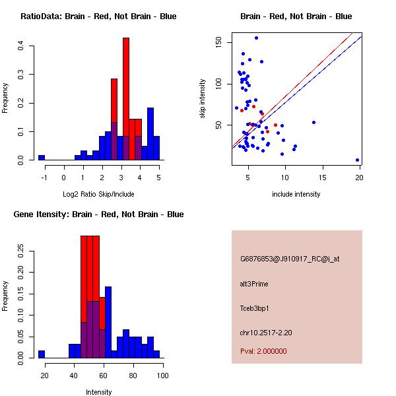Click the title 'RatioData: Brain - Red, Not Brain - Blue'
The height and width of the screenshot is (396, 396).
(x=98, y=16)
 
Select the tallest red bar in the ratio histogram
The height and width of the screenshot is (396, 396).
(x=126, y=99)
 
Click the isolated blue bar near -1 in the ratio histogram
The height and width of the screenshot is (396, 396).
(x=42, y=158)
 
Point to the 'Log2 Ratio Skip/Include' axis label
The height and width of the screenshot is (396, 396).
(x=98, y=194)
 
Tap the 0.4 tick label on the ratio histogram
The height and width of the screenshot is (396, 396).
(x=21, y=46)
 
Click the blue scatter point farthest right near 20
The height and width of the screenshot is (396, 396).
(x=357, y=160)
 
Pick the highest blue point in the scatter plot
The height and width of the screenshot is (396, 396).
(x=256, y=38)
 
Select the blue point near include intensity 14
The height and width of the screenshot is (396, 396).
(x=313, y=122)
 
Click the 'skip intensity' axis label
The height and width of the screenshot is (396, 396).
(x=203, y=99)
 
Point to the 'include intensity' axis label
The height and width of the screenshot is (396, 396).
(x=296, y=194)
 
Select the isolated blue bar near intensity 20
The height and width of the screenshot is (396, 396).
(x=42, y=354)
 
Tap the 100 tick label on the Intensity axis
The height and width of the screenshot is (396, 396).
(x=163, y=375)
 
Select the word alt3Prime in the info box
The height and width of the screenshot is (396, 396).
(x=254, y=284)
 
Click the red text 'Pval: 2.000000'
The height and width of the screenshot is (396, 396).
(x=263, y=351)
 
